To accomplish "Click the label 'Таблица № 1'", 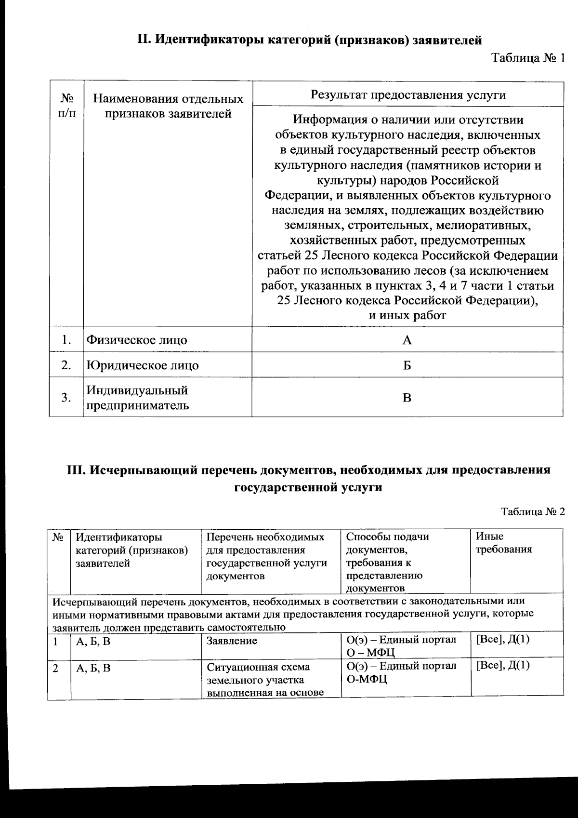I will (527, 59).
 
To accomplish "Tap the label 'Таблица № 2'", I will (532, 512).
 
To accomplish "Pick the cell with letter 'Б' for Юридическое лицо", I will (407, 365).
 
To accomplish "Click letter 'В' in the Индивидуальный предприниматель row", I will (407, 398).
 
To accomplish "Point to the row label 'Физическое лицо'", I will (137, 340).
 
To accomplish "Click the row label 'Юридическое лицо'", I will (143, 365).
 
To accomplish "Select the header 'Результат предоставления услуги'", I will (407, 94).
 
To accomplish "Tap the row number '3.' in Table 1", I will (66, 398).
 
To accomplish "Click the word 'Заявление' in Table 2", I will (232, 641).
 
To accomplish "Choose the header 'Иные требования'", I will (504, 543).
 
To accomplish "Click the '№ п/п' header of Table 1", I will (67, 106).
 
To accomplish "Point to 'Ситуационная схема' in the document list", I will (258, 667).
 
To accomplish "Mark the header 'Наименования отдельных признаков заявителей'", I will (168, 107).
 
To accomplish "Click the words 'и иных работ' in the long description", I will (407, 316).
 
